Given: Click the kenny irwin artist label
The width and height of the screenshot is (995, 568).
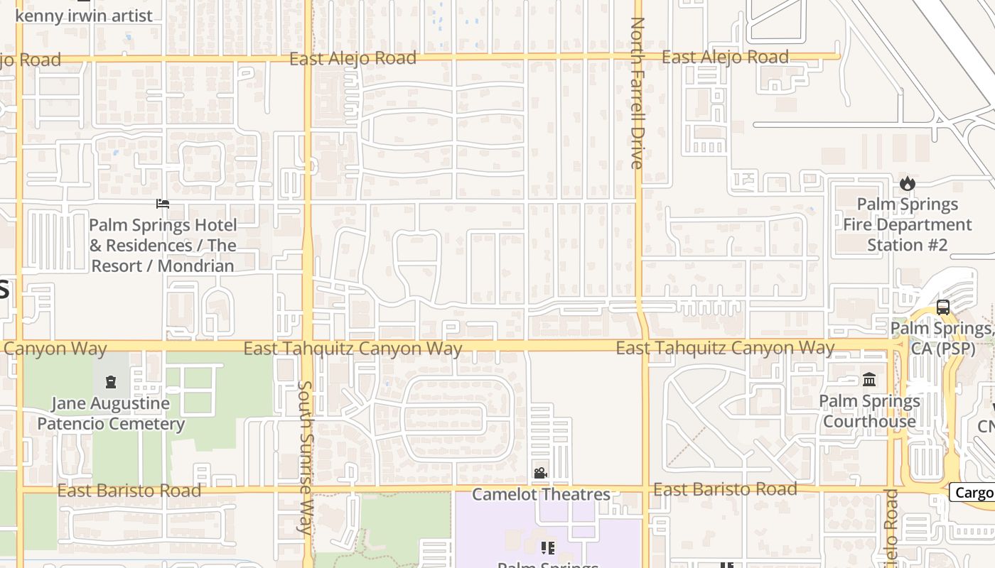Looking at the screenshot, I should click(84, 16).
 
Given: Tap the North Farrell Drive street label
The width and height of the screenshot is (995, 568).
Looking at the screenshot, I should click(637, 92).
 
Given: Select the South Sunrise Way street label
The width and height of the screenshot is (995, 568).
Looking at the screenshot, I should click(306, 457).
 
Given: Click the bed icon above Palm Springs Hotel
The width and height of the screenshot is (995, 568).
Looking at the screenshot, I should click(163, 204).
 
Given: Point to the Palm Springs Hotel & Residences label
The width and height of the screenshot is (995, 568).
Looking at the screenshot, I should click(162, 246).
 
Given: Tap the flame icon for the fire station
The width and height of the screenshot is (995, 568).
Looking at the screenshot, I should click(907, 184).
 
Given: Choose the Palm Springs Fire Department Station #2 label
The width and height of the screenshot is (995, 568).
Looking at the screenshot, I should click(907, 224).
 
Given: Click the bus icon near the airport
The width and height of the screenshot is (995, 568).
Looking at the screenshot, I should click(943, 307).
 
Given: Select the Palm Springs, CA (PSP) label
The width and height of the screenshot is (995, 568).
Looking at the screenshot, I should click(942, 339).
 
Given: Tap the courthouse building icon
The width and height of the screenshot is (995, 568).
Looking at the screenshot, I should click(869, 380).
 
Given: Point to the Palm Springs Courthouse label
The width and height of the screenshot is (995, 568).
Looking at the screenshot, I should click(869, 411).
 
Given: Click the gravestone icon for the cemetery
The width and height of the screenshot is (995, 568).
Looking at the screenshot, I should click(111, 383).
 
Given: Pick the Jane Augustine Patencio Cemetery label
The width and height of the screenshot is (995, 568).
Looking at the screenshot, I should click(111, 414).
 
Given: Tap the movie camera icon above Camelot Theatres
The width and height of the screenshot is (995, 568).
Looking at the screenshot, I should click(540, 473).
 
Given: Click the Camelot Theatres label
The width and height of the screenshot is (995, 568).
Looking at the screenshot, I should click(541, 494).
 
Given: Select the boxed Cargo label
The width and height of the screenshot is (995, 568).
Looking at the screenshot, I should click(974, 492).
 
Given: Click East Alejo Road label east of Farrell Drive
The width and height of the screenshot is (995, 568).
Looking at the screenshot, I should click(725, 57).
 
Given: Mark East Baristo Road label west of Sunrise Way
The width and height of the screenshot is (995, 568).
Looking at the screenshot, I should click(129, 491).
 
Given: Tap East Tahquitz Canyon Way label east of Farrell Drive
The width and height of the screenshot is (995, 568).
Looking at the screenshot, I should click(725, 348).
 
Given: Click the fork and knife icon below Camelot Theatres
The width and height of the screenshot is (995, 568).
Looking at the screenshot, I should click(547, 547).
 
